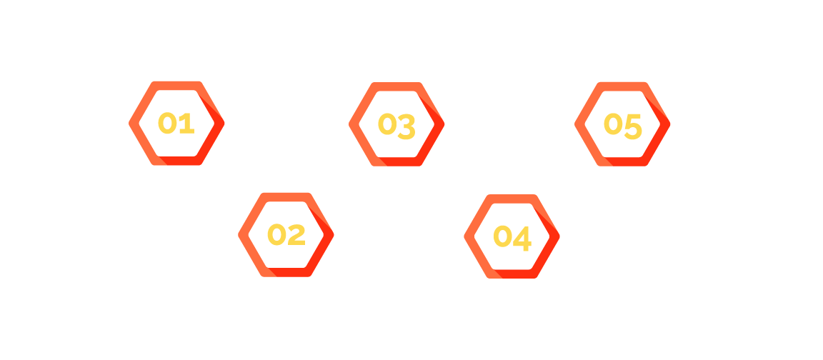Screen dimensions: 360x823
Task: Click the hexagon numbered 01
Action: pyautogui.click(x=176, y=124)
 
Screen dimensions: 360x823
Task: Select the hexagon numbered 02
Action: pyautogui.click(x=286, y=235)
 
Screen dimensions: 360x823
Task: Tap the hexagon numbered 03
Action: pyautogui.click(x=396, y=125)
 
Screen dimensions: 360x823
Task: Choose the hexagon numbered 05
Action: pyautogui.click(x=622, y=125)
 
